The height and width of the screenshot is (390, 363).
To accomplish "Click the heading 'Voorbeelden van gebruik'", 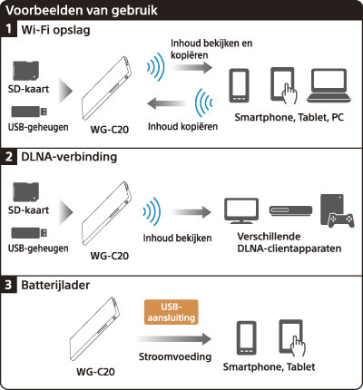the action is (82, 10).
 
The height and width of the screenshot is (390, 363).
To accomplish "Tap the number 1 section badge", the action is (8, 29).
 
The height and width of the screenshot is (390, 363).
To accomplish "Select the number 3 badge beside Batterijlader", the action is (8, 285).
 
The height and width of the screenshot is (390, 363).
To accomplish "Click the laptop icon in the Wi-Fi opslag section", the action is (329, 85).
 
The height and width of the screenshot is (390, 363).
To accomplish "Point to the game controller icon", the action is (341, 220).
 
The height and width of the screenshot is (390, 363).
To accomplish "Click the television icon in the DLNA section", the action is (241, 210).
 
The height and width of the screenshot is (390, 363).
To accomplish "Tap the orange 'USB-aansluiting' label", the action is (172, 312).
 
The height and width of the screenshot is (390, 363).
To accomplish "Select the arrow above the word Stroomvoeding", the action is (173, 339).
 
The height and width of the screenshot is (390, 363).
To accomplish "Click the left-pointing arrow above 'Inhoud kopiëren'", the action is (167, 103).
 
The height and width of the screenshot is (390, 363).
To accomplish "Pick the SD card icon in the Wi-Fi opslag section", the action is (26, 71).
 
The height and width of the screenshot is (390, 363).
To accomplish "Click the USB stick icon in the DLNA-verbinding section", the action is (29, 233).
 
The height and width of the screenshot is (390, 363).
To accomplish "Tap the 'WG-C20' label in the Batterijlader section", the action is (95, 372).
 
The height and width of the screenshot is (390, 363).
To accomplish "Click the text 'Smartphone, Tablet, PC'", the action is (289, 117).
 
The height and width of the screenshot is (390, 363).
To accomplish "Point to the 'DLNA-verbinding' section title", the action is (69, 157).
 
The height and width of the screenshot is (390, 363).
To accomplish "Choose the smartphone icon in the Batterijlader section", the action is (247, 337).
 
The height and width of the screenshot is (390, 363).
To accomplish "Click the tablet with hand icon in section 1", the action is (282, 85).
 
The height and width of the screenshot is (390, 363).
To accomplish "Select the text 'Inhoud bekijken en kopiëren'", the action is (211, 49).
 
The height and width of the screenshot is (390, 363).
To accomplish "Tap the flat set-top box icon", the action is (290, 210).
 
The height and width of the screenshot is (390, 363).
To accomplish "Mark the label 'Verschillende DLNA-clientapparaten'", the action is (289, 242).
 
